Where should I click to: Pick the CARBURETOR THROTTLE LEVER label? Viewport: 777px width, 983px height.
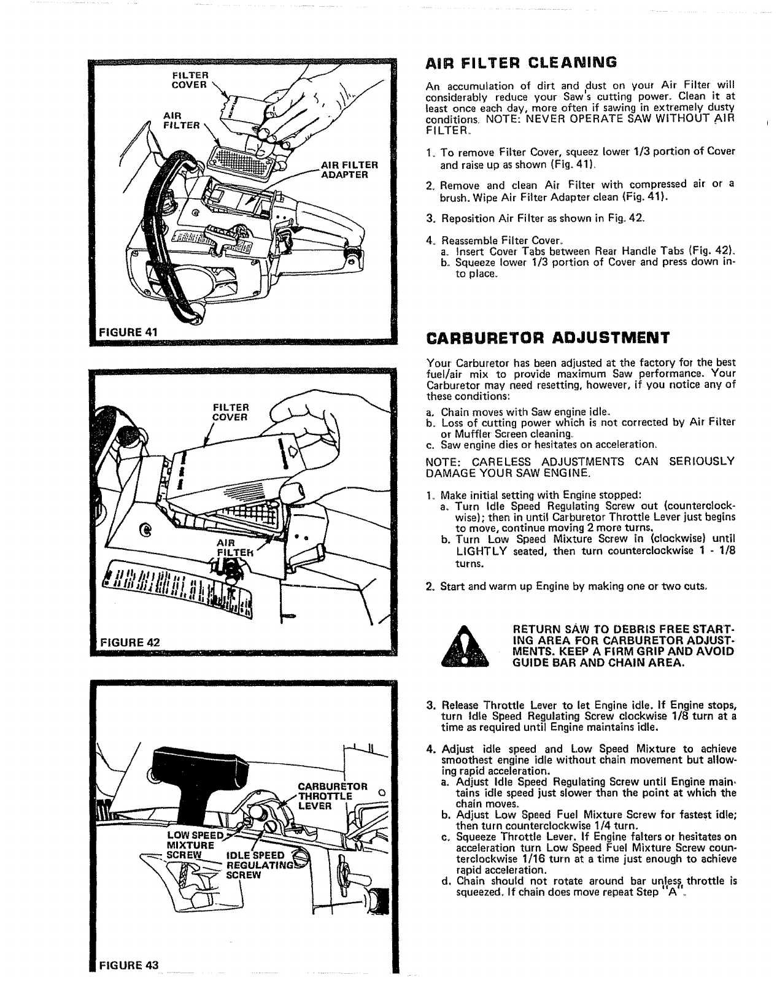pyautogui.click(x=331, y=796)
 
